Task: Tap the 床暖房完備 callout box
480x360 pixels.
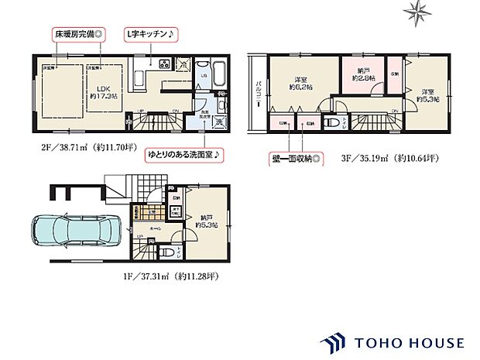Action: (84, 35)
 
